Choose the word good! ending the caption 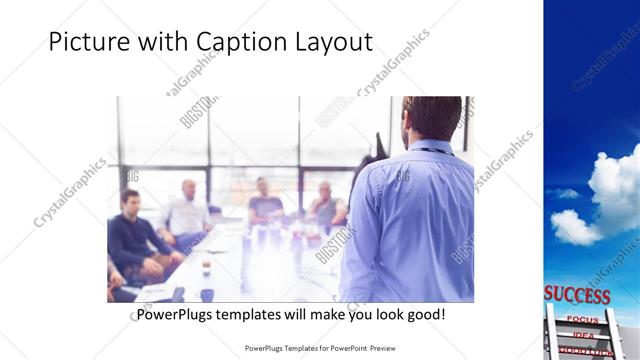tap(424, 315)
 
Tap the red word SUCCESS tap(577, 295)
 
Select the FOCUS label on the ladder tap(582, 319)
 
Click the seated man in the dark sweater tap(136, 235)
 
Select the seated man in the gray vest tap(325, 205)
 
